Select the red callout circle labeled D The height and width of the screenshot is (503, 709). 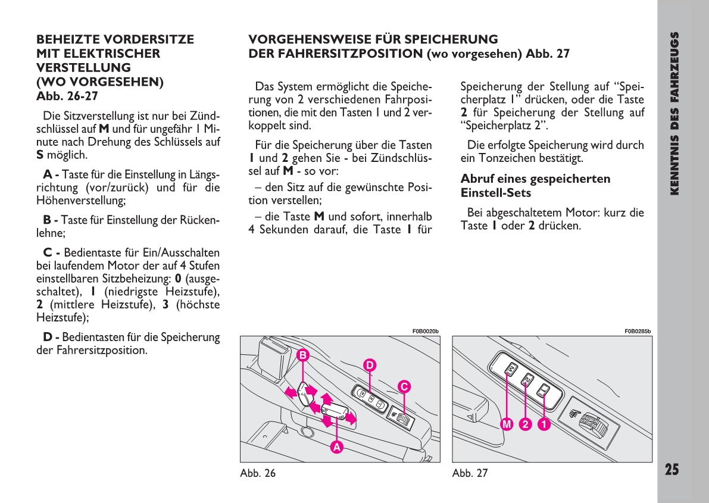pos(370,364)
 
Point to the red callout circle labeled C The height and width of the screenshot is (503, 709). pos(404,386)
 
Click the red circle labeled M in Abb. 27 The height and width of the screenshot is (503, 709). pos(507,424)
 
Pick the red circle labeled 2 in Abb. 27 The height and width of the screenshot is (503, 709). pos(525,424)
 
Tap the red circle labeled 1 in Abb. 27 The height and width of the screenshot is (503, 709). pos(544,424)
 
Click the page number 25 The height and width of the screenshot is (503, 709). pos(671,469)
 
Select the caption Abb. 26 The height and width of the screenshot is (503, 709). pos(258,473)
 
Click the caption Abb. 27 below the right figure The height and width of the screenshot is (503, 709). pos(470,473)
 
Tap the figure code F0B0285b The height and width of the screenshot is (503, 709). pos(638,332)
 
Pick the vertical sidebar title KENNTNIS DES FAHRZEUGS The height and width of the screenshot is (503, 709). pos(674,113)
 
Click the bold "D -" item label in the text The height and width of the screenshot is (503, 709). pos(51,338)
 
